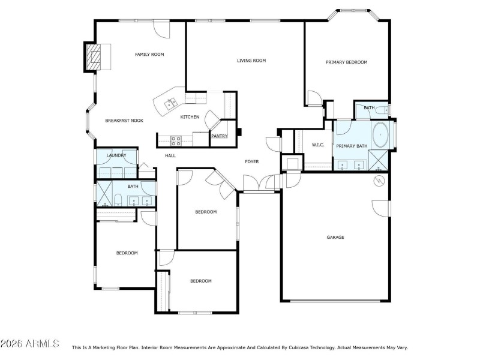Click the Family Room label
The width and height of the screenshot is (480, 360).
click(149, 55)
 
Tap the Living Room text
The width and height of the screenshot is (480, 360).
click(251, 61)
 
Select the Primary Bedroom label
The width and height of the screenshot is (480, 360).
click(346, 62)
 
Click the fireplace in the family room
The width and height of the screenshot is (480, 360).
click(94, 58)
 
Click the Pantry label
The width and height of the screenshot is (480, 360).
click(219, 136)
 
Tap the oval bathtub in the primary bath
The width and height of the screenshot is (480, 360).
click(380, 136)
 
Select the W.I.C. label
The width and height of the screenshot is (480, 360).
click(318, 145)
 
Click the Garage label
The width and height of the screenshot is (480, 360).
click(335, 238)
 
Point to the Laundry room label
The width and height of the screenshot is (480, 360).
click(116, 155)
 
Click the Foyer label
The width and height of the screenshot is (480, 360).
click(252, 161)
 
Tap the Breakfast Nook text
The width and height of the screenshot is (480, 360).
click(124, 121)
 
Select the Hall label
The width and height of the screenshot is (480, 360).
click(170, 156)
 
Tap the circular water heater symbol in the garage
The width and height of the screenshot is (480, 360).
click(379, 180)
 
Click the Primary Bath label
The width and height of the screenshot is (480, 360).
click(352, 146)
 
